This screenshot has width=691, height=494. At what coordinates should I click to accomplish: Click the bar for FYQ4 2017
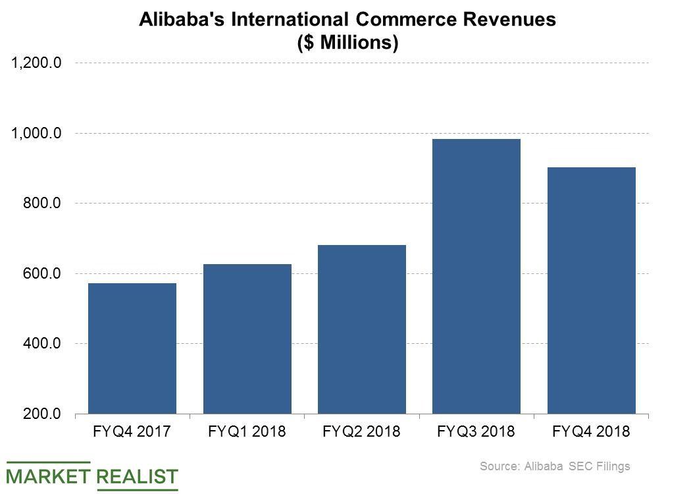point(132,348)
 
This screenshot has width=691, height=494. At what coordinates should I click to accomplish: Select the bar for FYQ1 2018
point(247,339)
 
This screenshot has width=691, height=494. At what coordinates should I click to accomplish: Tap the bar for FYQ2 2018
point(361,329)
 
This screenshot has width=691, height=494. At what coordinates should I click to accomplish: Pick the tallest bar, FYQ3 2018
point(476,276)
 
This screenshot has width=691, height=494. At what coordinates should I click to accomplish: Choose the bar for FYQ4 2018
point(591,290)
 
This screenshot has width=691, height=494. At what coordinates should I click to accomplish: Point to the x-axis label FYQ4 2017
point(132,432)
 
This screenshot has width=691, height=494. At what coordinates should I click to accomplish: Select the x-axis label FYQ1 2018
point(247,432)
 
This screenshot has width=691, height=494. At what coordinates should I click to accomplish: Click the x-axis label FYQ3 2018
point(476,432)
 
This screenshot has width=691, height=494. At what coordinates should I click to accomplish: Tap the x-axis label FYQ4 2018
point(591,432)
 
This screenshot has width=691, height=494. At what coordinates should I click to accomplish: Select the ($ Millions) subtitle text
point(347,43)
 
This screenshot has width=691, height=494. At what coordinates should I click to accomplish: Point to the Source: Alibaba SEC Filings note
point(555,466)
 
